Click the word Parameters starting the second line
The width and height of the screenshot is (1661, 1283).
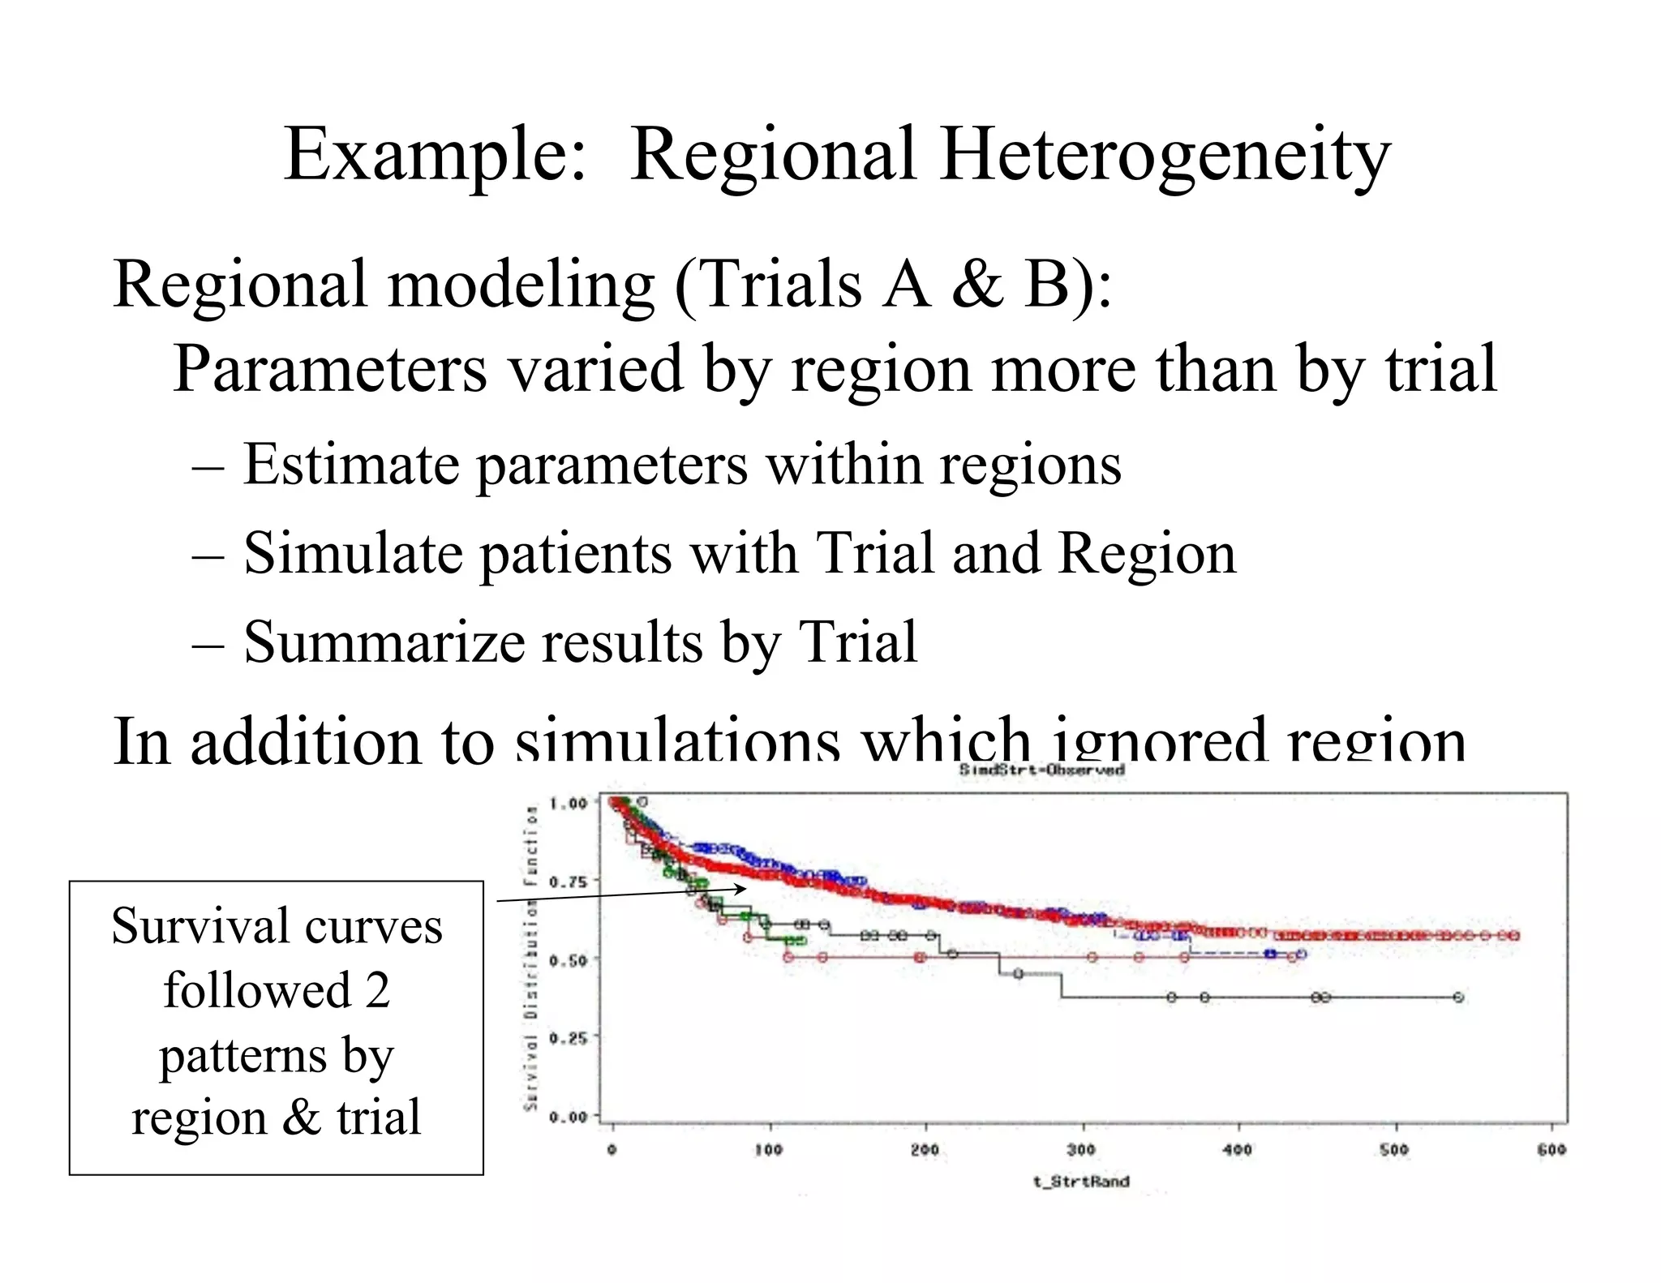click(329, 369)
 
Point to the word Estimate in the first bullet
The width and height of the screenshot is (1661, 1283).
click(351, 465)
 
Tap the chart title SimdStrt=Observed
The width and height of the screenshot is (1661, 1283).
click(1041, 770)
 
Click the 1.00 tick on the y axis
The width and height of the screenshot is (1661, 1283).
click(568, 804)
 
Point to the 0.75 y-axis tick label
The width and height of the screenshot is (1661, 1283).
click(568, 882)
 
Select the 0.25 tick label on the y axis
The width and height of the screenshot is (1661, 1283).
click(568, 1038)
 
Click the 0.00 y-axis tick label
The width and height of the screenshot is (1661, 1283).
click(568, 1117)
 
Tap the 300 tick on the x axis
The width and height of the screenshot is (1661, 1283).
click(1081, 1149)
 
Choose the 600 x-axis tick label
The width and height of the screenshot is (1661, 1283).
click(1551, 1149)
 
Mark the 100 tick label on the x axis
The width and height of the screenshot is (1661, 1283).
click(768, 1149)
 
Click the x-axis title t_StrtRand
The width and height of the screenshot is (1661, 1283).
click(1080, 1182)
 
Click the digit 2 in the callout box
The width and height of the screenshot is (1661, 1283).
click(377, 990)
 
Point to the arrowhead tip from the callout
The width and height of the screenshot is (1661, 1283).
click(746, 889)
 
